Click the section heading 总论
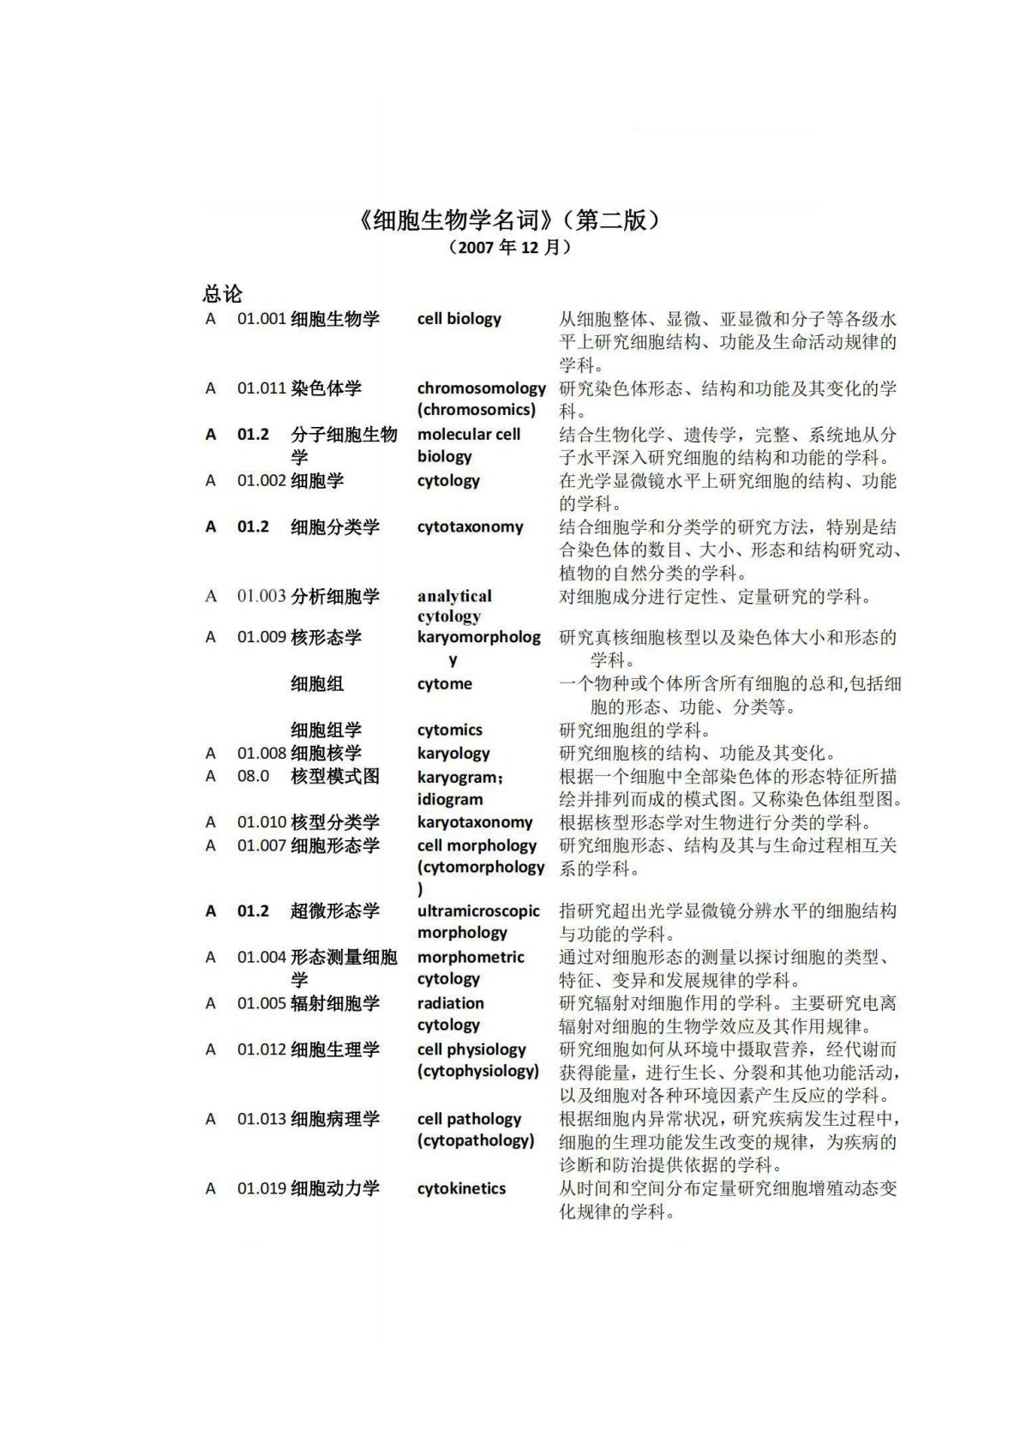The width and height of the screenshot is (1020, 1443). tap(223, 294)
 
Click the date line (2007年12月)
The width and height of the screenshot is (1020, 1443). tap(509, 248)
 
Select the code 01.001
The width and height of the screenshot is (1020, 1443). tap(261, 319)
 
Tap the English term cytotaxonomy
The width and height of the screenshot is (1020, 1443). tap(470, 527)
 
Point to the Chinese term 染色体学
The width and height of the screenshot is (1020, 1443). tap(326, 388)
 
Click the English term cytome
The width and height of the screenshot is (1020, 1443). tap(444, 684)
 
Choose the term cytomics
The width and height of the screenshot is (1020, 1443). tap(449, 731)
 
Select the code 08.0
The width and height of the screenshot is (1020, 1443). tap(253, 777)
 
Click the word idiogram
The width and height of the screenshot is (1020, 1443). tap(450, 799)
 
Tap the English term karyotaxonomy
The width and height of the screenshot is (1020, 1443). tap(475, 823)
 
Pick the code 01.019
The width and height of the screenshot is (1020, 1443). tap(261, 1189)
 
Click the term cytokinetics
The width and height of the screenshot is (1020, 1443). tap(461, 1189)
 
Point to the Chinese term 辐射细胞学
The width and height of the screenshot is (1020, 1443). tap(334, 1004)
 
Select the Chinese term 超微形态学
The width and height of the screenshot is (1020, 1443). tap(334, 911)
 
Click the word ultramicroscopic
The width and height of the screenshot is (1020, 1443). tap(478, 911)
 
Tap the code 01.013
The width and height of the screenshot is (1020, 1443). tap(261, 1120)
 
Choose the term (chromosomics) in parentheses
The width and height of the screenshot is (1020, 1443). tap(477, 410)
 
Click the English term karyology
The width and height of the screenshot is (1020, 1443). tap(453, 754)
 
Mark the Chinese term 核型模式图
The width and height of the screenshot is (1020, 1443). tap(334, 777)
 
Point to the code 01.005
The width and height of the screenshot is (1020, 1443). tap(261, 1004)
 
